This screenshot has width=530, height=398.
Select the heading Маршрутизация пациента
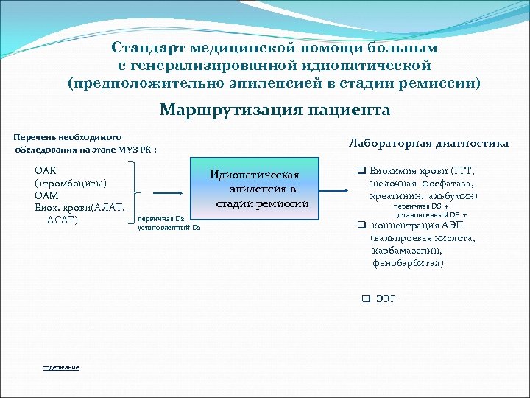coord(275,110)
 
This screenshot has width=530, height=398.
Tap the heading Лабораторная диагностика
coord(428,143)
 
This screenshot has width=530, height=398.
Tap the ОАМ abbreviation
coord(47,195)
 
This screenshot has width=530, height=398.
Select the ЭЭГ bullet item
coord(386,298)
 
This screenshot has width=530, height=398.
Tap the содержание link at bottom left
coord(61,367)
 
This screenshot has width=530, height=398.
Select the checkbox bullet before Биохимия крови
coord(361,170)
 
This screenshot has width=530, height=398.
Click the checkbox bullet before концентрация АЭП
coord(361,226)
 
